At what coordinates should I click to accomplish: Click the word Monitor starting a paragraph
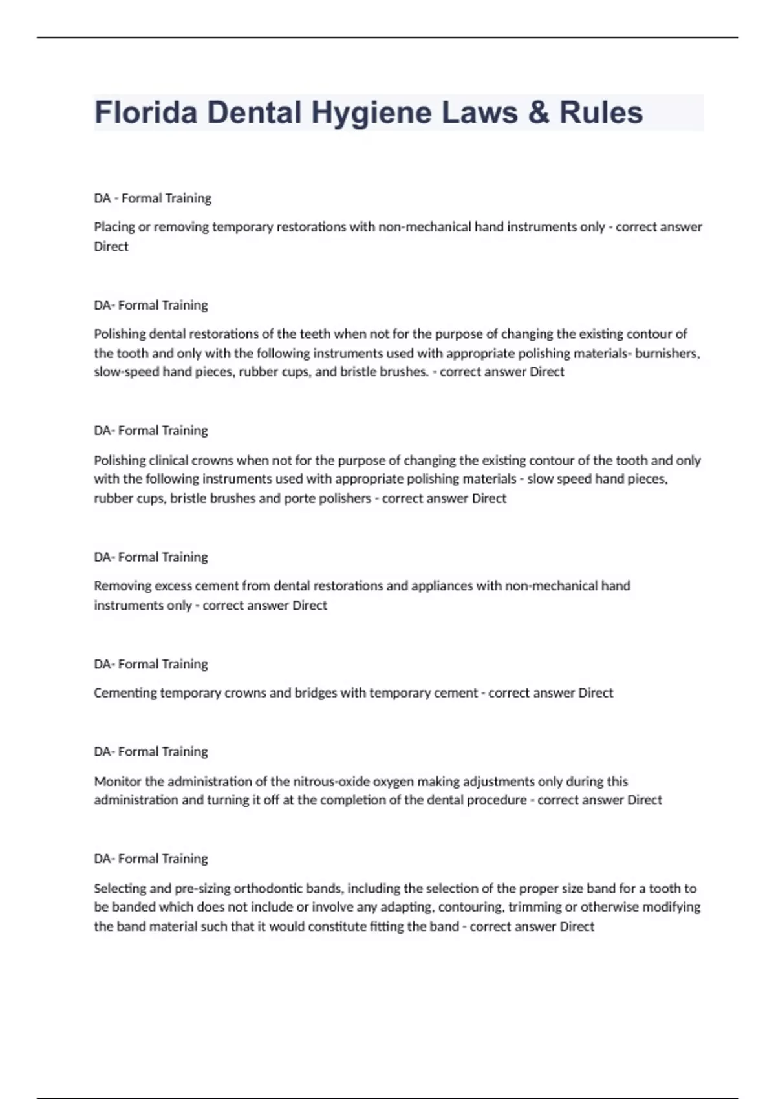pyautogui.click(x=117, y=782)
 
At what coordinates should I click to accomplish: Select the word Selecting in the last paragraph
pyautogui.click(x=120, y=888)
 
